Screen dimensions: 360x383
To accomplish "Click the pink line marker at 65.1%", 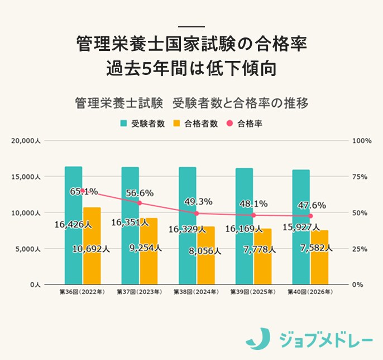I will coord(83,191).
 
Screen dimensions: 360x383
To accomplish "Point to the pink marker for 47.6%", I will coord(310,216).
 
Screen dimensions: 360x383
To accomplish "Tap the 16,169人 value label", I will coord(243,229).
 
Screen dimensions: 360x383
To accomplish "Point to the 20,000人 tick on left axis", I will coord(26,141).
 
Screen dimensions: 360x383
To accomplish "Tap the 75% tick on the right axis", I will coord(360,177).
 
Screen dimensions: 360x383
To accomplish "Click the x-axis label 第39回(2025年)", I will coord(253,292).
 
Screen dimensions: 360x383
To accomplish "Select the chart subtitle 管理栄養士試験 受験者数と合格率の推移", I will coord(191,103).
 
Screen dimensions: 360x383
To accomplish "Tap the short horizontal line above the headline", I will coord(191,27).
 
